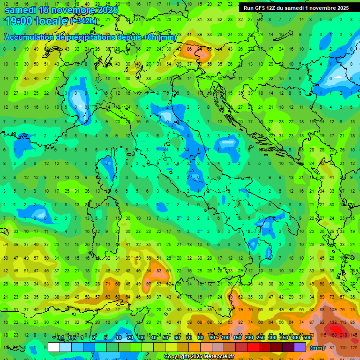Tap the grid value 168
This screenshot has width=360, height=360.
tap(334, 335)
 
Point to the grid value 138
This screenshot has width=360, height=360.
tap(334, 323)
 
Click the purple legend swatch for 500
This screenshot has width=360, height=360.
tap(300, 347)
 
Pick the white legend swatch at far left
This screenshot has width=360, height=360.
tap(54, 347)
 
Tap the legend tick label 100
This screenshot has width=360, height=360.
tap(225, 338)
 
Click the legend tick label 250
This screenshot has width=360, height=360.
tap(261, 338)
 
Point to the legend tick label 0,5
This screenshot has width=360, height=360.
tap(72, 338)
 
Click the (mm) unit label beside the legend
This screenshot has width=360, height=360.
tap(317, 348)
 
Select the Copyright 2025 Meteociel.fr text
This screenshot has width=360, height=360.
tap(199, 357)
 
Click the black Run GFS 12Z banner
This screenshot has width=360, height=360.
tap(296, 8)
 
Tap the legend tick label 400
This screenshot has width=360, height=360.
tap(296, 338)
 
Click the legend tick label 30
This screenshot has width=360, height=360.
tap(142, 338)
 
